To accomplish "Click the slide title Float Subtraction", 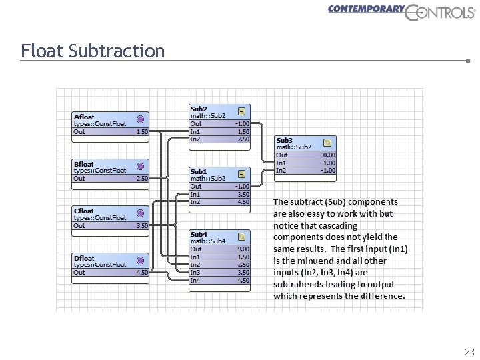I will pos(93,51).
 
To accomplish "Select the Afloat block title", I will pos(84,117).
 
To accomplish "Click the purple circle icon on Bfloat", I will pos(140,167).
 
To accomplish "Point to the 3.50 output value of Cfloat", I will pos(142,226).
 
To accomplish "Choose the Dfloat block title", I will pos(84,258).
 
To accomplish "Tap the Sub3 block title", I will pos(284,141).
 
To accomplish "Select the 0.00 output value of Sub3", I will pos(329,155).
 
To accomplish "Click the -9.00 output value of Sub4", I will pos(242,249).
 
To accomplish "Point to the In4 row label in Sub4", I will pos(195,280).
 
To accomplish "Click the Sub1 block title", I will pos(199,172).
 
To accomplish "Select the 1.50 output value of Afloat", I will pos(142,132).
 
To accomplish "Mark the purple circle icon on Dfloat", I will pos(140,261).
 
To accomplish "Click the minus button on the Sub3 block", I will pos(327,143).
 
